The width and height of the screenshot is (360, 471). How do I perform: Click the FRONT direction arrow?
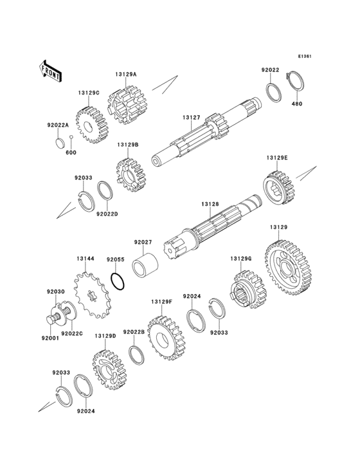[x=50, y=71]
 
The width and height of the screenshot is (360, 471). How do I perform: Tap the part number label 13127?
[x=191, y=118]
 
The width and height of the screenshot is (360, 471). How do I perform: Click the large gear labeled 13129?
[x=288, y=267]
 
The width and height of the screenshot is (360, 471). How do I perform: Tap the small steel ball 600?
[x=71, y=137]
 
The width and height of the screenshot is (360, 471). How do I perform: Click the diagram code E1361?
[x=305, y=56]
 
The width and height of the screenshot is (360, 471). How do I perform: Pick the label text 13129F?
[x=162, y=301]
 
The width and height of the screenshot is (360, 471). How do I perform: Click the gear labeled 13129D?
[x=108, y=370]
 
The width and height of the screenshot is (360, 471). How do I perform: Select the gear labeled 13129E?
[x=279, y=188]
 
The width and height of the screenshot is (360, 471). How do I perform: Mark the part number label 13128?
[x=210, y=204]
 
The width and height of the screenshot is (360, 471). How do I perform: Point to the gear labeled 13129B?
[x=129, y=175]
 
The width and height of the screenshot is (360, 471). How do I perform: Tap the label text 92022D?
[x=107, y=214]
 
